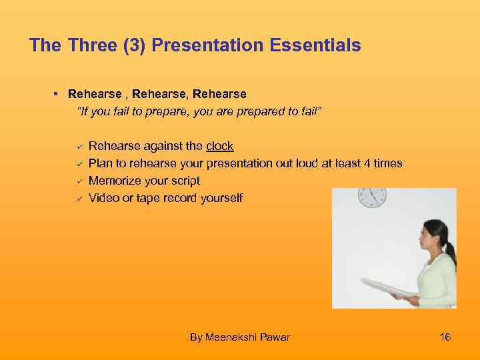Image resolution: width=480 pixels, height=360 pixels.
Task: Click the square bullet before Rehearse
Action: coord(58,95)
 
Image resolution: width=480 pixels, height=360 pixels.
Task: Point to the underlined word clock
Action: coord(220,146)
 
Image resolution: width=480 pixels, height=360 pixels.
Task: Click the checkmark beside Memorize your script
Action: coord(78,181)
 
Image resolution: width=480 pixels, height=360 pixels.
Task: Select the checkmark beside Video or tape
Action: coord(78,198)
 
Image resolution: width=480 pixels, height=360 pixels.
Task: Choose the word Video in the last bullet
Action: coord(103,198)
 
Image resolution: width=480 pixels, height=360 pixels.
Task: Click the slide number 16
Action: coord(445,337)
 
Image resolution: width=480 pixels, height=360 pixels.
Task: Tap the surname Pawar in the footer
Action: coord(275,337)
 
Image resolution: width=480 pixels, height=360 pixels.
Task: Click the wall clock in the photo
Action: coord(372,196)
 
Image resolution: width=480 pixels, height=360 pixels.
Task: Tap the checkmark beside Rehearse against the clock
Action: coord(78,146)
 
